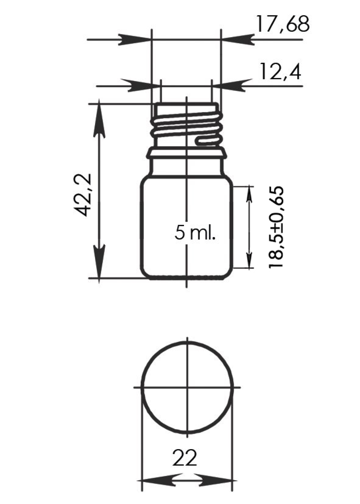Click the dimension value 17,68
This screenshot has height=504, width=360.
click(x=283, y=24)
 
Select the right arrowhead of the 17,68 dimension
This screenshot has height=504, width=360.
click(x=238, y=40)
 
